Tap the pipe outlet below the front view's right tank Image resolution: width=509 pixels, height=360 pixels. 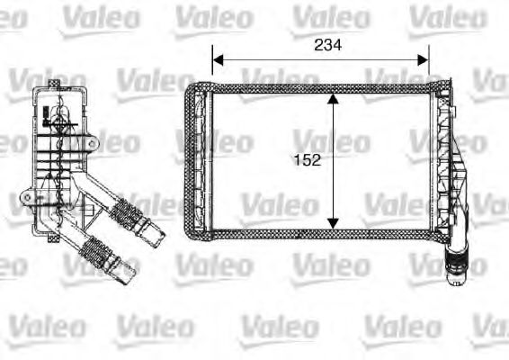pyautogui.click(x=456, y=261)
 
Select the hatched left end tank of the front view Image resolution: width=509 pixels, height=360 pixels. pyautogui.click(x=195, y=160)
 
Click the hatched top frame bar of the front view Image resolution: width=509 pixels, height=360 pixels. pyautogui.click(x=315, y=88)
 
